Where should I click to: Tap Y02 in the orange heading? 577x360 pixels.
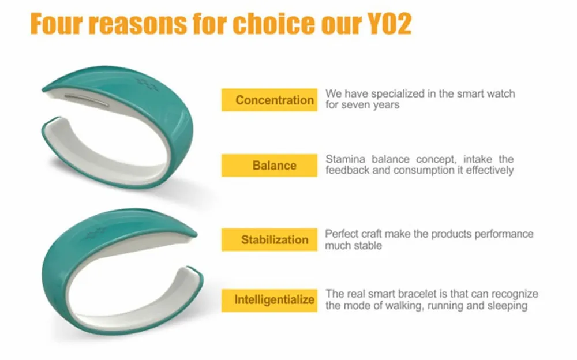(x=389, y=24)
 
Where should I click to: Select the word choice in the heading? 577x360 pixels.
(x=273, y=24)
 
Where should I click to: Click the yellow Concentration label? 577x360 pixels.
(x=269, y=100)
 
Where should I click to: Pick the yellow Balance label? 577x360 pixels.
(x=269, y=165)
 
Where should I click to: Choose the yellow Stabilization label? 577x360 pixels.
(x=269, y=239)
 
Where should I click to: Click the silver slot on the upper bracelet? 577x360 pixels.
(x=87, y=99)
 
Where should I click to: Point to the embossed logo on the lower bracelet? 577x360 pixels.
(x=96, y=234)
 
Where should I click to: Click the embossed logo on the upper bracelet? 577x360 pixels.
(x=147, y=84)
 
